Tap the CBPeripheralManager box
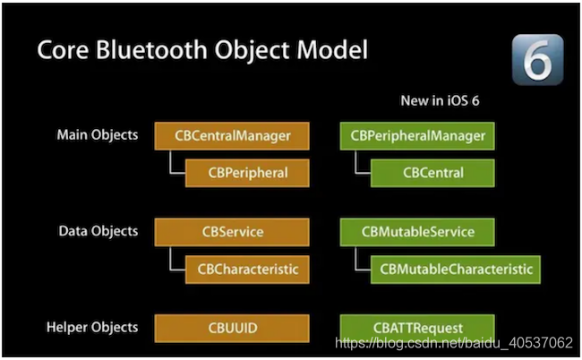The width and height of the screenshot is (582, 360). click(x=417, y=136)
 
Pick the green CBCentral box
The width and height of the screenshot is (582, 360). click(x=432, y=172)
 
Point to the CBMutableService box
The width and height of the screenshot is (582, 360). click(x=417, y=232)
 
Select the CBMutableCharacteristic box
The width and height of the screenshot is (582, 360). click(x=456, y=268)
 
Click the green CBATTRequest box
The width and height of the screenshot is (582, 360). click(x=417, y=329)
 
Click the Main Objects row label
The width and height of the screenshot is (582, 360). click(x=98, y=135)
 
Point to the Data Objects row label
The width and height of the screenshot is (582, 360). click(x=98, y=231)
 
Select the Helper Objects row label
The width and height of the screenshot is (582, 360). click(x=93, y=328)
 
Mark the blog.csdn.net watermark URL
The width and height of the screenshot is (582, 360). click(x=453, y=342)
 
